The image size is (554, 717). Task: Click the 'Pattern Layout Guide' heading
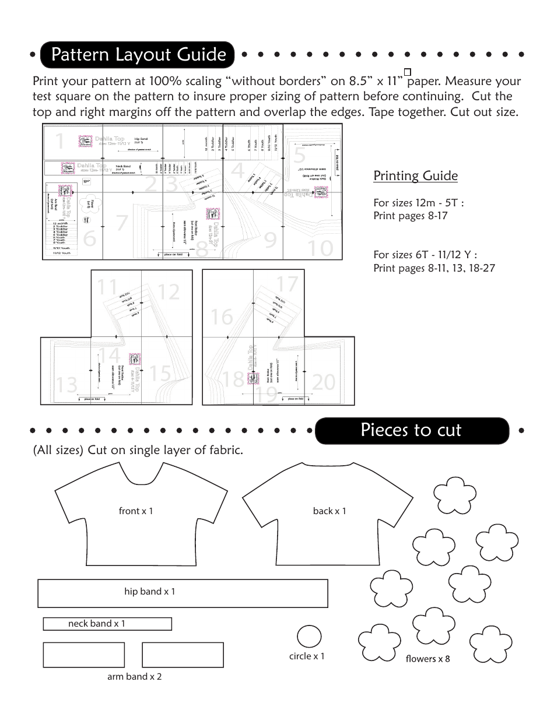point(138,55)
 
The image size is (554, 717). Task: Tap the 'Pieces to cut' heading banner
point(411,430)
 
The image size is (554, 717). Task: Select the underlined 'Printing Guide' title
point(415,176)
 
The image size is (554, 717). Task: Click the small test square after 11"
point(408,71)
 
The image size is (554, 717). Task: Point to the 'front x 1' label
point(135,511)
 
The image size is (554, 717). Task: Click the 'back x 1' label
point(329,511)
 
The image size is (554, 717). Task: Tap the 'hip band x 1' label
point(149,592)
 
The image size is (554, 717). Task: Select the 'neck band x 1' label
point(96,624)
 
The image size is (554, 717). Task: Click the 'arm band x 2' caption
point(134,677)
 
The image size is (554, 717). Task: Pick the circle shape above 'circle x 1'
point(309,637)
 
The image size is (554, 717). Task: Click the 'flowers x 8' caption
point(427,659)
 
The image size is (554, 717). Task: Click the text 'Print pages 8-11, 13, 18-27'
point(434,268)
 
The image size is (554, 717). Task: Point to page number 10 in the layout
point(320,249)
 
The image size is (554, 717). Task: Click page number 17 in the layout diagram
point(287,284)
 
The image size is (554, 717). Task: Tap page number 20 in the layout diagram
point(324,382)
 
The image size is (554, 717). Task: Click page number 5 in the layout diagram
point(299,156)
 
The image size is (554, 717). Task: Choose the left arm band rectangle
point(83,655)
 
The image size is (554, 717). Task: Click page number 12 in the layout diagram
point(169,292)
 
